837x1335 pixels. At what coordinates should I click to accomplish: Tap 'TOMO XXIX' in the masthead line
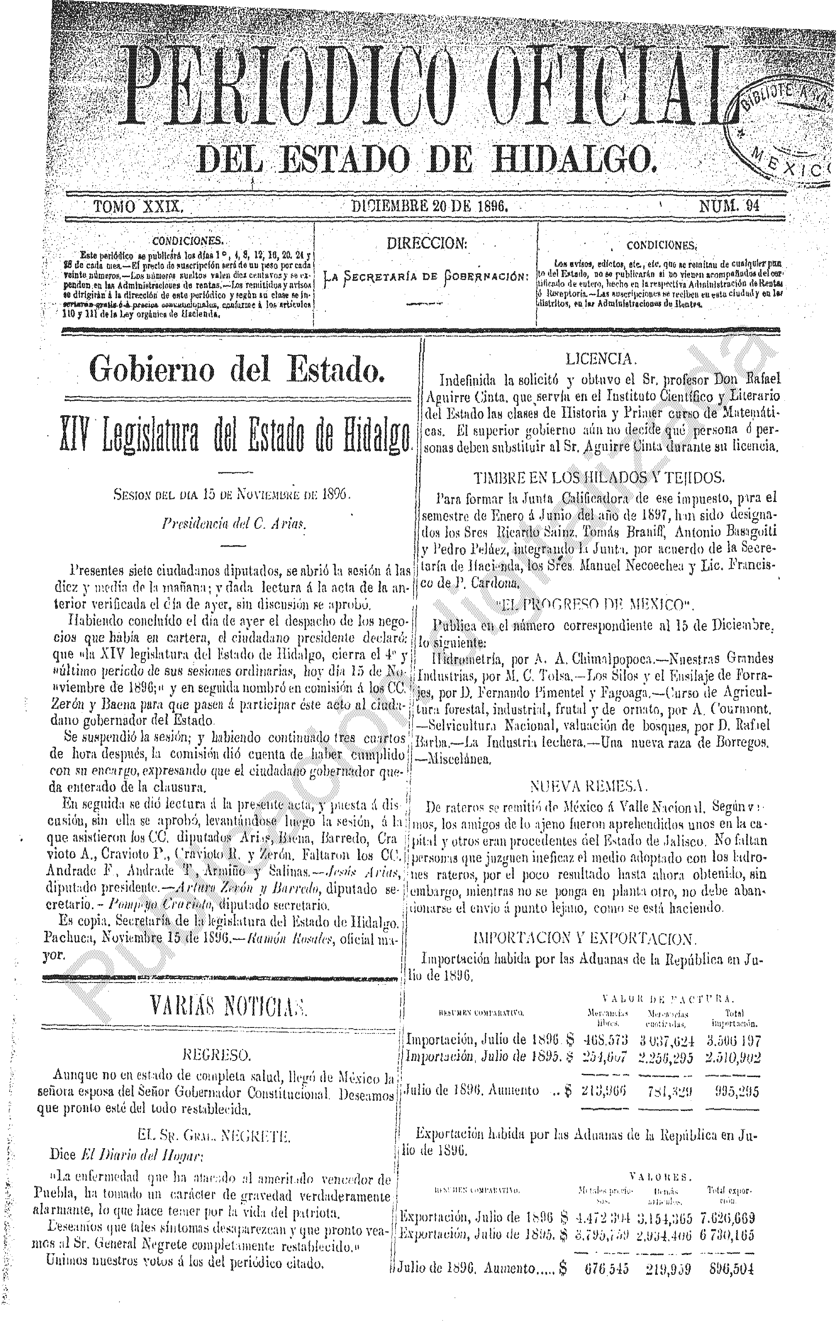138,207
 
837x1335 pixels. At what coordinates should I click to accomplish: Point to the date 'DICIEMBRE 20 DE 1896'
430,206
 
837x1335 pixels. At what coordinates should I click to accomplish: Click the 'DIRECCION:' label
426,244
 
